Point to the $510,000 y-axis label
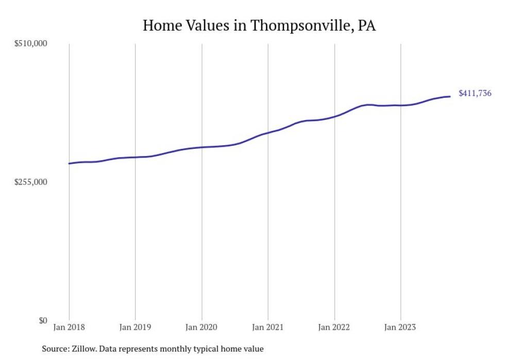(30, 44)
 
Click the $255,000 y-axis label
(30, 182)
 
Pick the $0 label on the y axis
(43, 320)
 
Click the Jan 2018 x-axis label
(69, 327)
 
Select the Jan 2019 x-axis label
(135, 327)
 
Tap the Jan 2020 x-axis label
(201, 327)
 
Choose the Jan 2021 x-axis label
(268, 327)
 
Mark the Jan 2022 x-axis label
(334, 327)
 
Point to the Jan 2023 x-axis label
(400, 327)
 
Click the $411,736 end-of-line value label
(475, 94)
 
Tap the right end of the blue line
(450, 96)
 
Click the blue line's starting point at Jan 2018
(69, 163)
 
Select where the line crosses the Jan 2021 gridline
(268, 133)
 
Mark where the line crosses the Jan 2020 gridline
(201, 147)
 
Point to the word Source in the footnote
(55, 349)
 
